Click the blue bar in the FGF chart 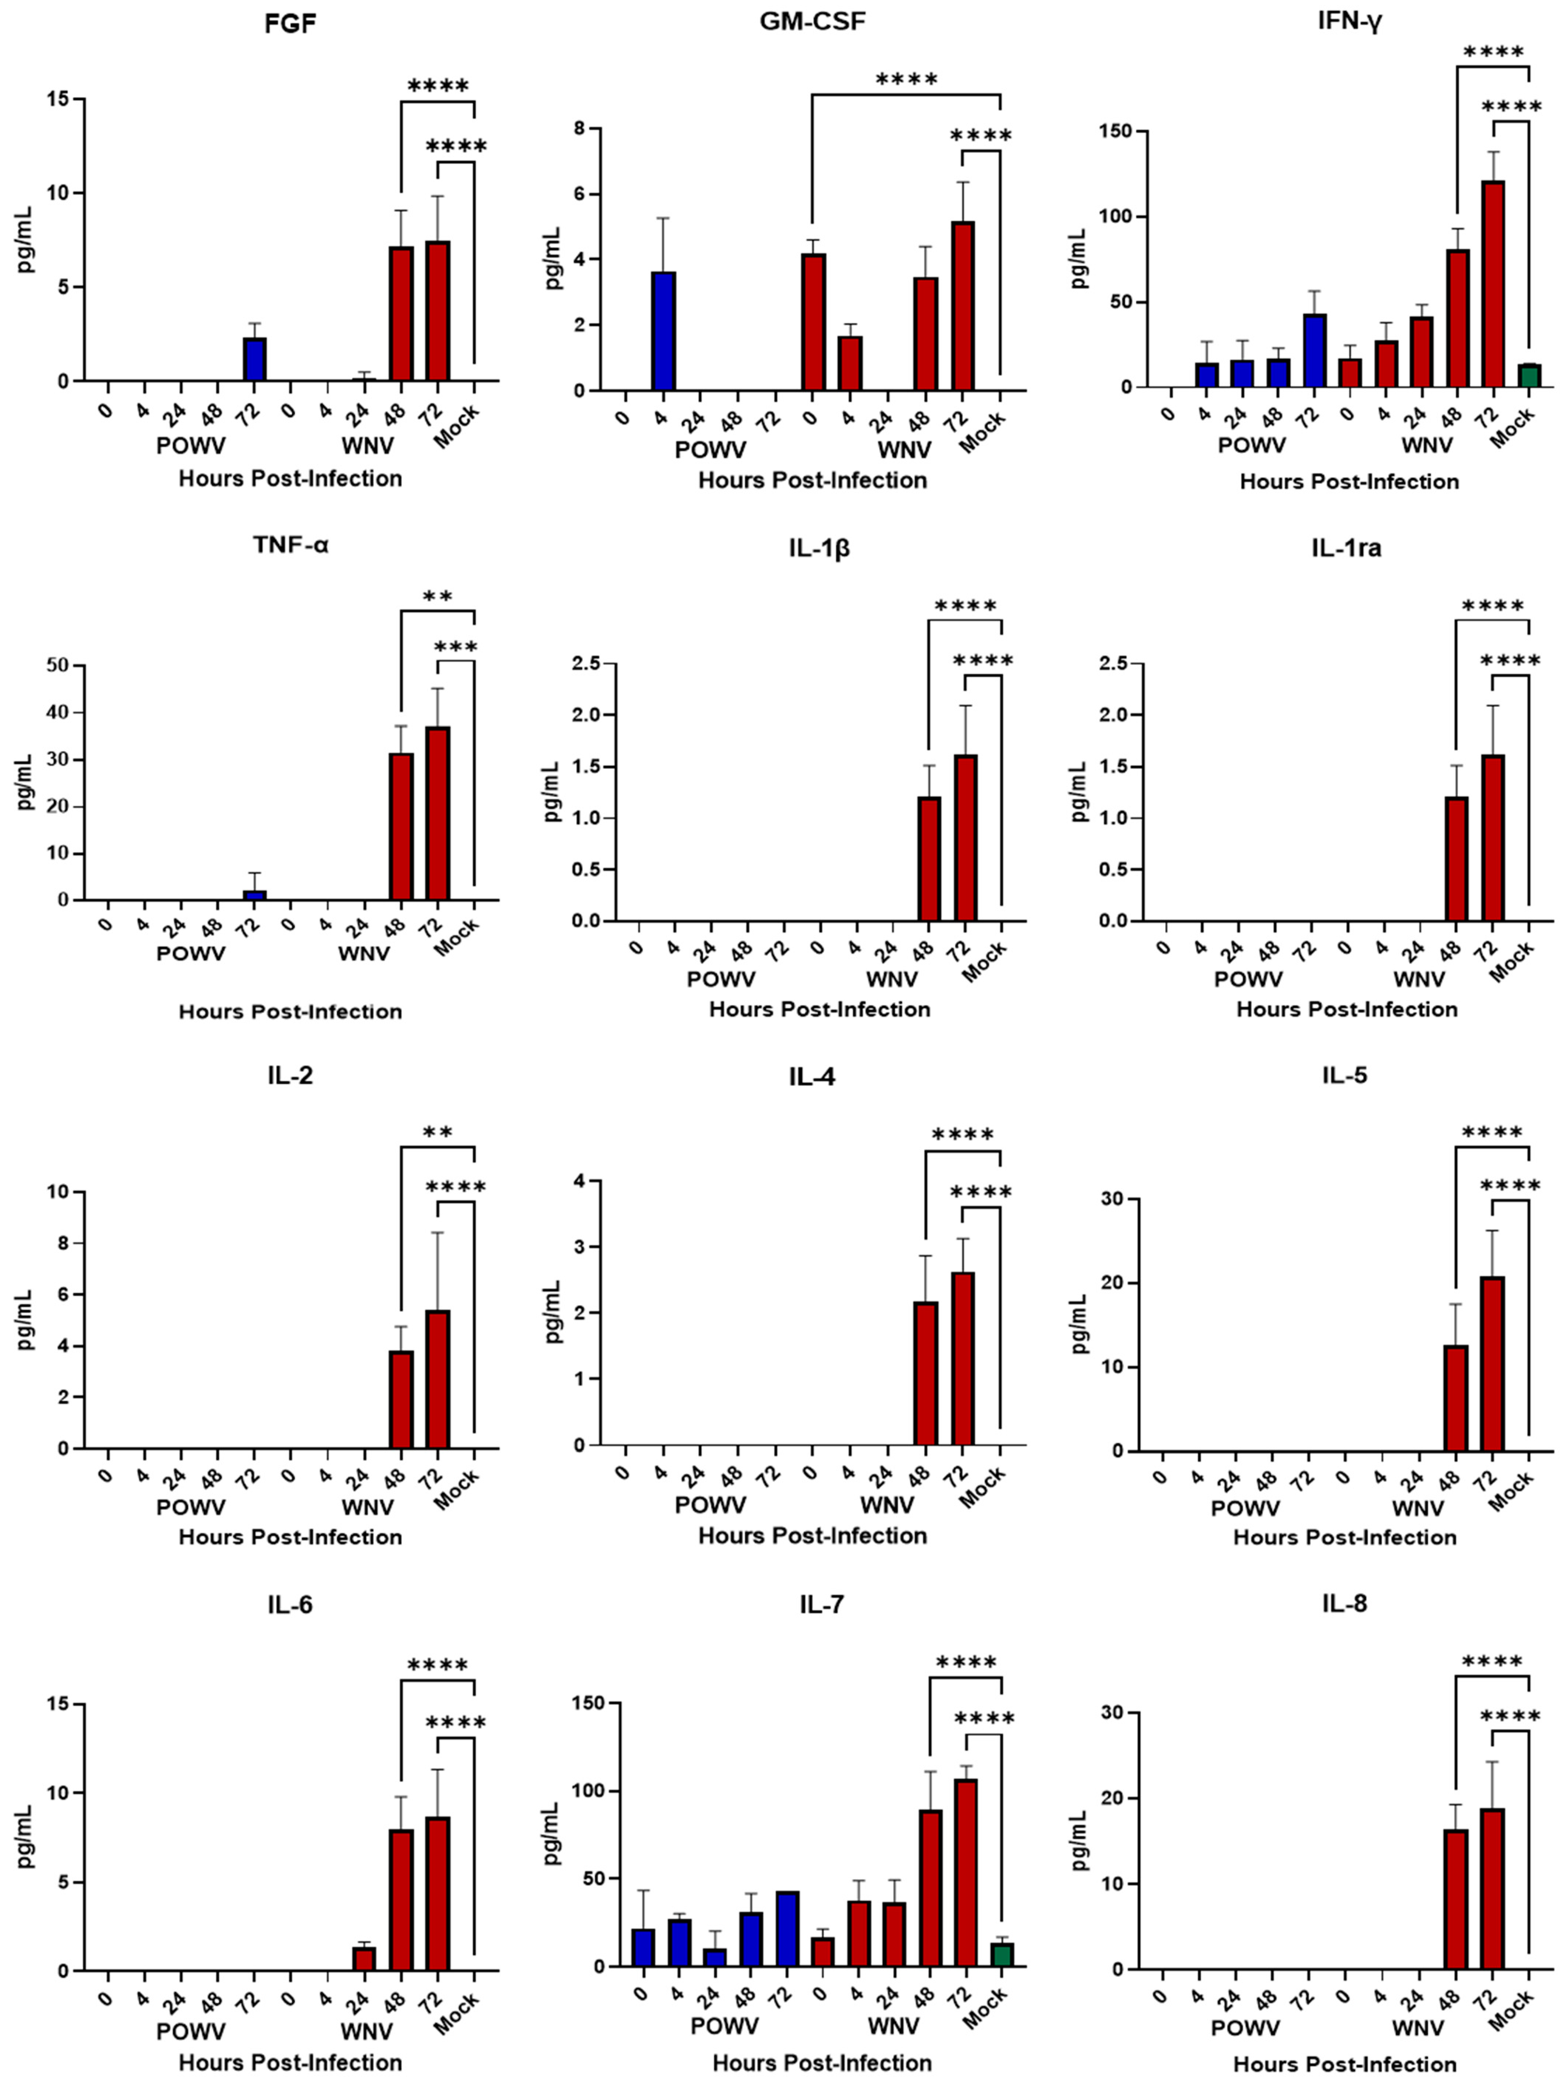pyautogui.click(x=254, y=360)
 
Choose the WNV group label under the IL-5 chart pyautogui.click(x=1417, y=1508)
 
